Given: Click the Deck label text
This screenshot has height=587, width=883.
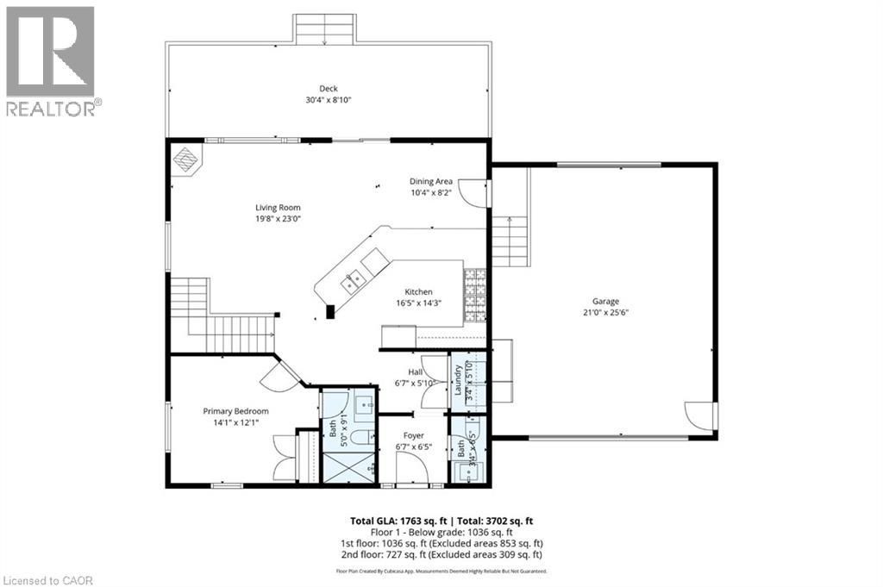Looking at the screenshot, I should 328,88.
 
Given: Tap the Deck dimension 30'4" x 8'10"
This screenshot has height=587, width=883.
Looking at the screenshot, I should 328,100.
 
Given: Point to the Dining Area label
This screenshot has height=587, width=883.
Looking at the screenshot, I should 430,181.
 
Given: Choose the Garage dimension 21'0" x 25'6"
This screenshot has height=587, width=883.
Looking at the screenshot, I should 605,313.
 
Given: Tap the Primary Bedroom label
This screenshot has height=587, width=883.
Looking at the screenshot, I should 235,411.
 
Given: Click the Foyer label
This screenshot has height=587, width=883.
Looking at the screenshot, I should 414,435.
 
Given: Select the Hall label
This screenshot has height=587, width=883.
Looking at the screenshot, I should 415,372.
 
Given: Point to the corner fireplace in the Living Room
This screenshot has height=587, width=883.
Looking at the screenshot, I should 186,160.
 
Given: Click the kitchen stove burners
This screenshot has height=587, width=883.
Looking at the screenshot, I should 475,292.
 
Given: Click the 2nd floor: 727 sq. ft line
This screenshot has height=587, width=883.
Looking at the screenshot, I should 441,555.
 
